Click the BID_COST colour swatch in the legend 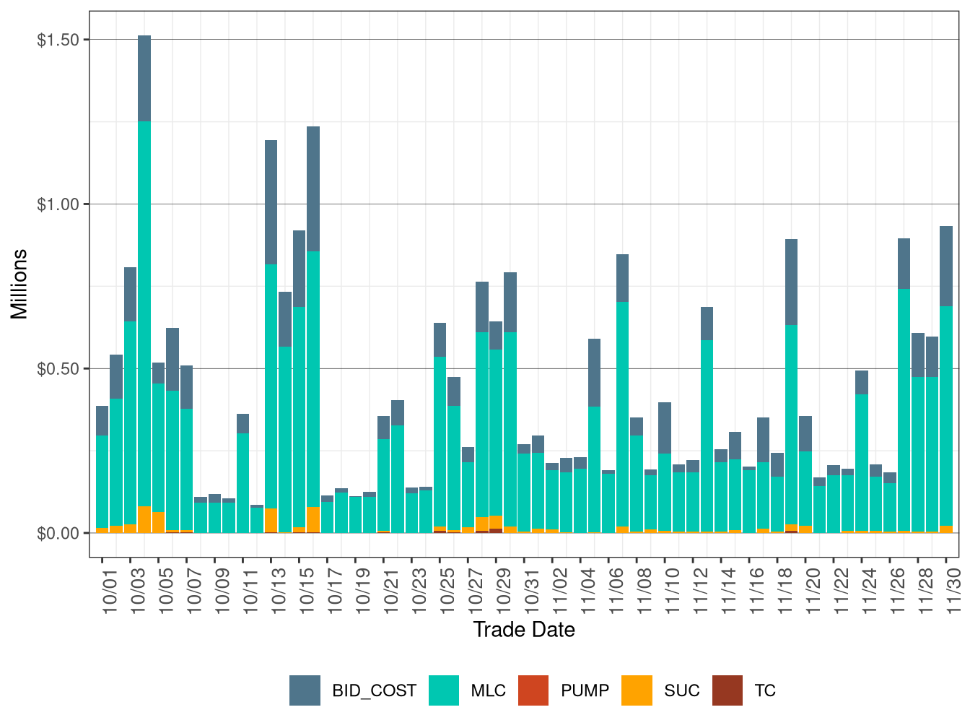click(x=305, y=690)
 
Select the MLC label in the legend click(x=488, y=691)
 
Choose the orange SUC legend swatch click(x=637, y=690)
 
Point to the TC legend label click(x=765, y=691)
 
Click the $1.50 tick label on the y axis click(x=58, y=40)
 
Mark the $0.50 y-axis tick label click(x=58, y=369)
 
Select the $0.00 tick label click(x=58, y=534)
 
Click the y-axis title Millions click(x=19, y=284)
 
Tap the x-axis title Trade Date click(x=524, y=630)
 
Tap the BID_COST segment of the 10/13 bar click(x=271, y=202)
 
